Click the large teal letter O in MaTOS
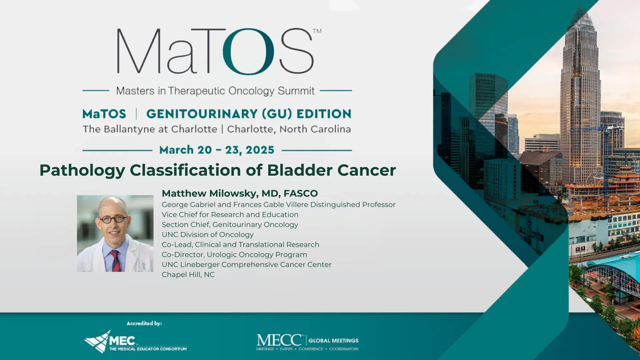tap(248, 51)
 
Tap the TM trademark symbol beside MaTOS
tap(317, 31)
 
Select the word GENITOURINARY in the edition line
tap(202, 114)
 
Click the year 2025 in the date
tap(260, 150)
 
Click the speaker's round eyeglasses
tap(113, 219)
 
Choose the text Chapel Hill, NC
tap(188, 275)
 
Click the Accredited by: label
tap(144, 323)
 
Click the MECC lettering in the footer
tap(279, 340)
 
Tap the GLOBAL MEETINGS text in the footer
tap(333, 341)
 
